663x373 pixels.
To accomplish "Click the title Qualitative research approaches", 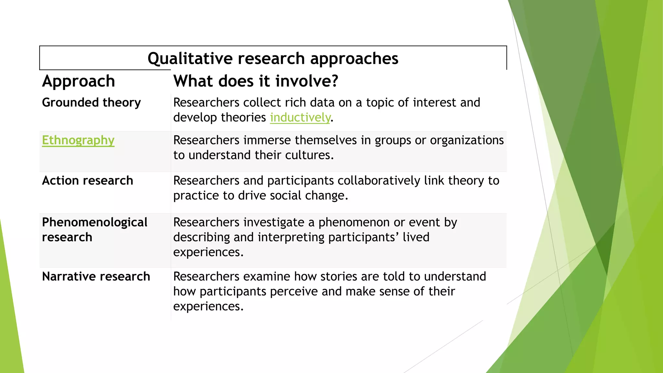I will (273, 59).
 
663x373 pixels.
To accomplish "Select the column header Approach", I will (79, 81).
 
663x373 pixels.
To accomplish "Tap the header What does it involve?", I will (256, 81).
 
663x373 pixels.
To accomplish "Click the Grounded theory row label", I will (91, 103).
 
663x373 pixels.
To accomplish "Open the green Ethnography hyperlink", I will (78, 140).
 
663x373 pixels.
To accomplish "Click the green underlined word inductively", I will (300, 118).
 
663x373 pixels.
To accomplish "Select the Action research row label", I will (87, 181).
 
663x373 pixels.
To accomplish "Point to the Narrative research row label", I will (96, 277).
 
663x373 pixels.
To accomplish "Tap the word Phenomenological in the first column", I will (95, 222).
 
